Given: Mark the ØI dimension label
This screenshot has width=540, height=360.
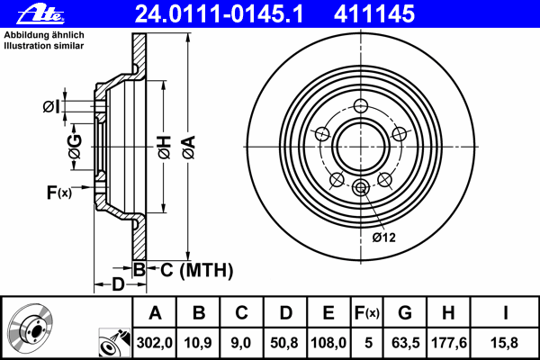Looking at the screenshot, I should click(52, 107).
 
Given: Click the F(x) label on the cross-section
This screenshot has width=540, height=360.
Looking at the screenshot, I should click(59, 191).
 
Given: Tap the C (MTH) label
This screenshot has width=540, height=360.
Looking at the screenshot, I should click(192, 270).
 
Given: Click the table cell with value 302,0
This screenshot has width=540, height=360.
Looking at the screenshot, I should click(155, 340).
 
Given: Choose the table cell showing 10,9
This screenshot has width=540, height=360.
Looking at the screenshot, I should click(200, 340).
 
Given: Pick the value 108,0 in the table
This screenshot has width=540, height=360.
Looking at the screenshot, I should click(328, 340).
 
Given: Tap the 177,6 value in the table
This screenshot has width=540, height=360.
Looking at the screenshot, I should click(447, 340).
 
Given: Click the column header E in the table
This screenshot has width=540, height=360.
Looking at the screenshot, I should click(328, 313).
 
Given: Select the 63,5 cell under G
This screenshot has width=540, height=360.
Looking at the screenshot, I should click(405, 340).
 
